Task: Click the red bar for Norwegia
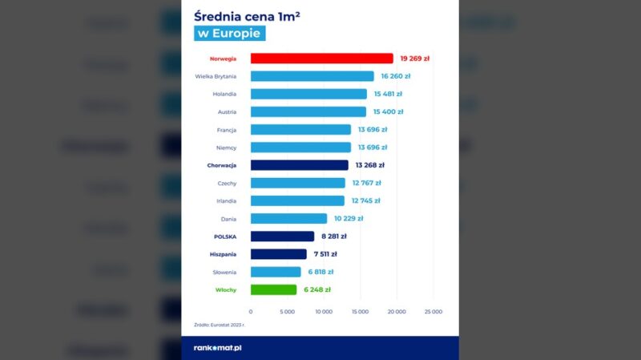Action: pos(321,59)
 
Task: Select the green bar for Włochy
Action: pos(275,289)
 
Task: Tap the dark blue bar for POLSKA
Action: pos(282,237)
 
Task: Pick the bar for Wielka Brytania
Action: pos(312,76)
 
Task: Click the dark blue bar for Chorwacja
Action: pos(299,165)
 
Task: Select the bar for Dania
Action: pos(288,218)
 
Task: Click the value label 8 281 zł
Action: pos(333,237)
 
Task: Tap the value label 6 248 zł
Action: pos(317,289)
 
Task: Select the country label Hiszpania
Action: pos(220,254)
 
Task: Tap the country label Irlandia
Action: pos(224,200)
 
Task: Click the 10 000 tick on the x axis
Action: pos(324,311)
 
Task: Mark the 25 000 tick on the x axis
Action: pos(433,311)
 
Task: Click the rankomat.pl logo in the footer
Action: pos(219,348)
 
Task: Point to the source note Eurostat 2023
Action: pos(219,326)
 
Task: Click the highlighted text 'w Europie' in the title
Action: pos(230,34)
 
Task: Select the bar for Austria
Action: pos(308,111)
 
